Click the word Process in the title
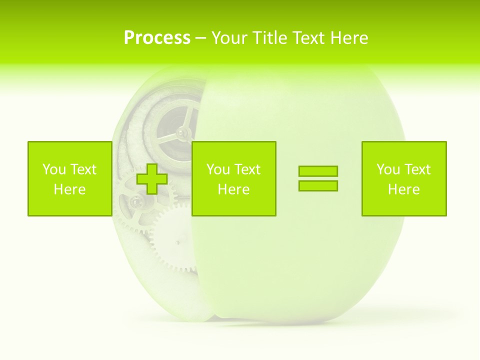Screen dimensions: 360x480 click(157, 37)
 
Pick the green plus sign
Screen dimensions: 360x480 click(152, 178)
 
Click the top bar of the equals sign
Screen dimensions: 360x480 click(318, 171)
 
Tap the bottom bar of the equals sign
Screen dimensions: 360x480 click(318, 185)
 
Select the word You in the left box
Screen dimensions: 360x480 click(54, 169)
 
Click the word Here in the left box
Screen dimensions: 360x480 click(69, 189)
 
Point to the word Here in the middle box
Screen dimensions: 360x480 click(233, 189)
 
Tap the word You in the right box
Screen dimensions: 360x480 click(388, 169)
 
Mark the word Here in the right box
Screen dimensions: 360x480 click(403, 189)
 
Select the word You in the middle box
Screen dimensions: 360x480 click(218, 169)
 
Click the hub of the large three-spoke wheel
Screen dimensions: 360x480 click(182, 132)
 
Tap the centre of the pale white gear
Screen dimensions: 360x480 click(178, 242)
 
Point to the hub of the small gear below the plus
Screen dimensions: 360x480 click(135, 201)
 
